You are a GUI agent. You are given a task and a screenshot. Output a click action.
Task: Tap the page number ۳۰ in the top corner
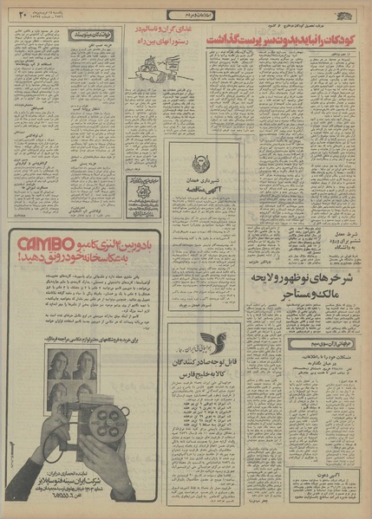[22, 11]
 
